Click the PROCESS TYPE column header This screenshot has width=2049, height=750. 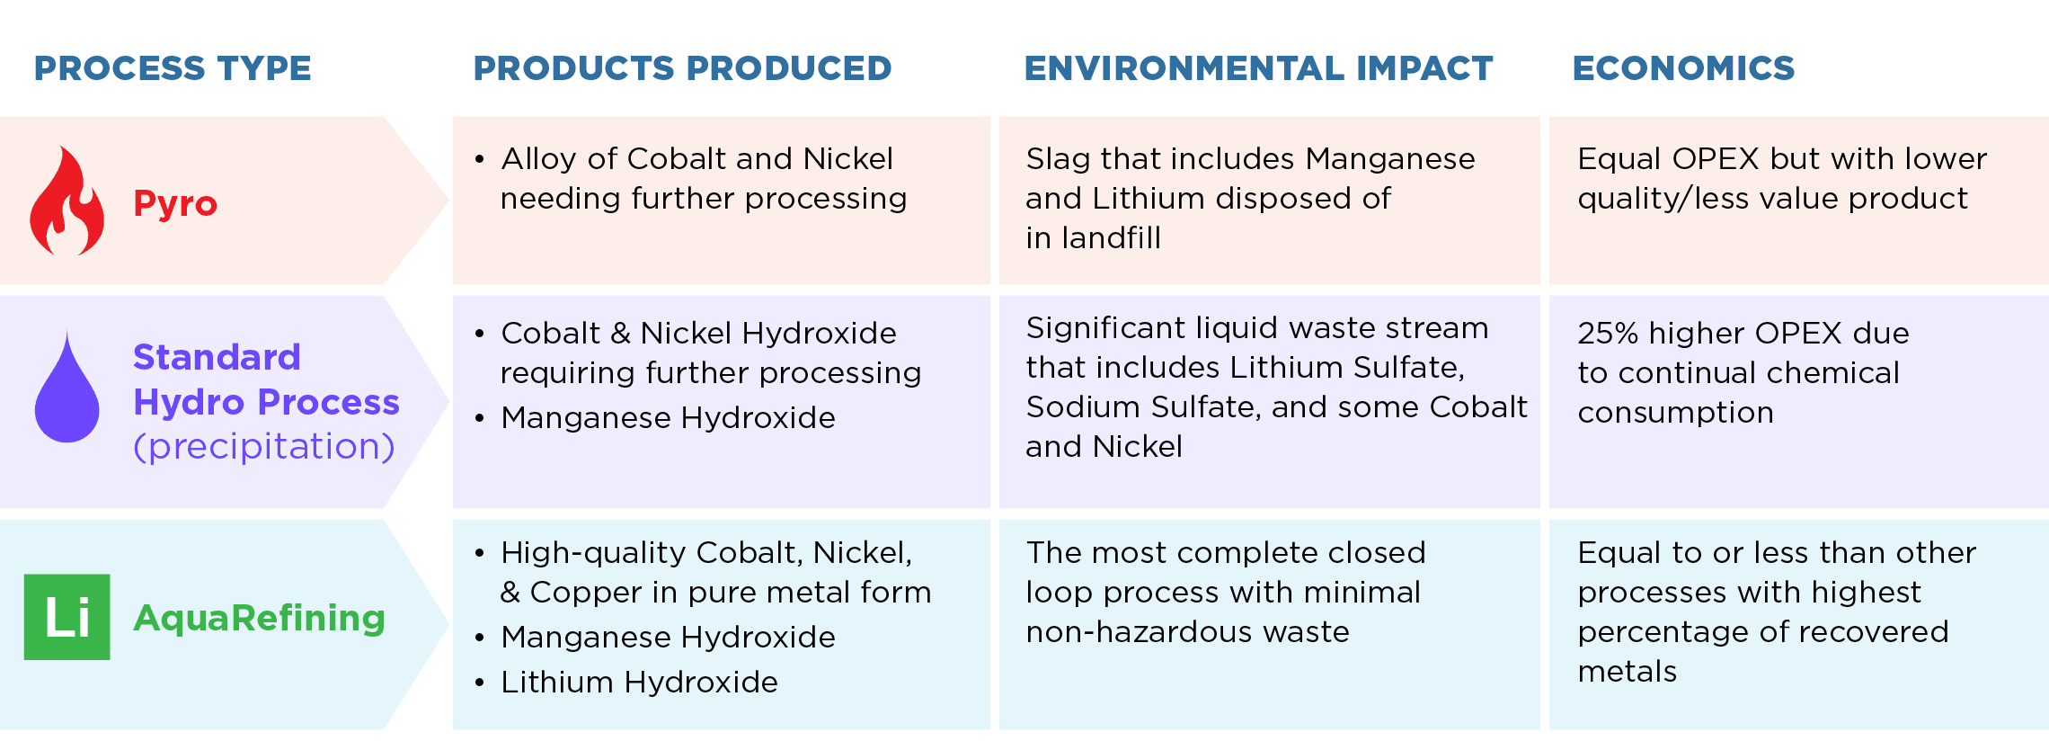click(x=173, y=68)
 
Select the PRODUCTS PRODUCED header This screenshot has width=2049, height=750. click(x=682, y=68)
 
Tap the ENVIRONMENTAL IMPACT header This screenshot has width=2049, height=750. click(x=1258, y=68)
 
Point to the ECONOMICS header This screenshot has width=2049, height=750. click(x=1683, y=68)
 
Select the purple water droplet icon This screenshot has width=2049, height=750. click(x=67, y=388)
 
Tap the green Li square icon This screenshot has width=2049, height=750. click(x=67, y=617)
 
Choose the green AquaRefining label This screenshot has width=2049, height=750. click(x=259, y=618)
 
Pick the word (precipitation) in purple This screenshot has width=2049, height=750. click(x=264, y=446)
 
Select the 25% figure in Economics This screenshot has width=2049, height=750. click(x=1609, y=334)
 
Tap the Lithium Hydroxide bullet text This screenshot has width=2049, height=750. click(x=639, y=682)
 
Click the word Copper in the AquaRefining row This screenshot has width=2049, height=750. click(x=586, y=593)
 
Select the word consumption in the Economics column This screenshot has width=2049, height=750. click(x=1676, y=413)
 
